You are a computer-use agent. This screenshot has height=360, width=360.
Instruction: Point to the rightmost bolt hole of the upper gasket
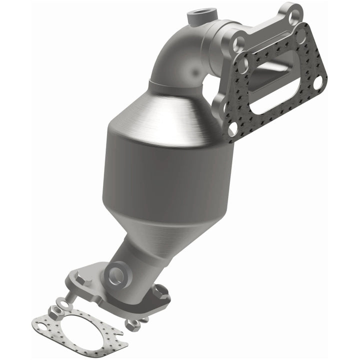tap(317, 84)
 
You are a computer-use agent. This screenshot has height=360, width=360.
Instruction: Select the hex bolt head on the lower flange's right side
tap(160, 290)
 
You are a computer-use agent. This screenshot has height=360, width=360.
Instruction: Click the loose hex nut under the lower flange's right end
tap(133, 325)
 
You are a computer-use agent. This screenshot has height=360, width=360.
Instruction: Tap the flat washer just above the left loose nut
tap(62, 302)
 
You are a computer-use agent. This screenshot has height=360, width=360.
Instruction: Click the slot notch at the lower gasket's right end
tap(119, 333)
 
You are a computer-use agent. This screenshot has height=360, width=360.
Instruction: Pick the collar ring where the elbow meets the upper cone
tap(172, 86)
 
